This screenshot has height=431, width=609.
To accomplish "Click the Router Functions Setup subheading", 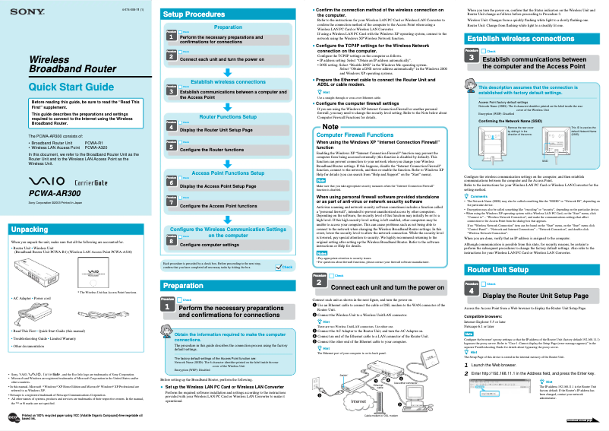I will point(227,117).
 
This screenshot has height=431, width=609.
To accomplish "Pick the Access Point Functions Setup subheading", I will point(227,173).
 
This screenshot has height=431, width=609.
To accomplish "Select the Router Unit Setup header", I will point(497,249).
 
